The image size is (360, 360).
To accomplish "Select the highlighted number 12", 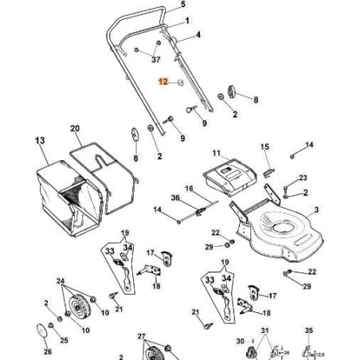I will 164,81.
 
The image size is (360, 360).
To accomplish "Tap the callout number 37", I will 155,60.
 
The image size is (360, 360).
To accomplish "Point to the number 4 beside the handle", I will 198,35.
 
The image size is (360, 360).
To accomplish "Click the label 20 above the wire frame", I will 75,127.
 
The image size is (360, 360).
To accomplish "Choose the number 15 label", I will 266,147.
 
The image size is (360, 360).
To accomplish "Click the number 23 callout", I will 302,177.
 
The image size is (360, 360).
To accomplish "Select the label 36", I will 175,198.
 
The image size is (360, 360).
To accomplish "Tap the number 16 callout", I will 190,189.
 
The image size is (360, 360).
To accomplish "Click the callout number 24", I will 61,281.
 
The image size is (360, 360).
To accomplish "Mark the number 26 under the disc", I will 46,350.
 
